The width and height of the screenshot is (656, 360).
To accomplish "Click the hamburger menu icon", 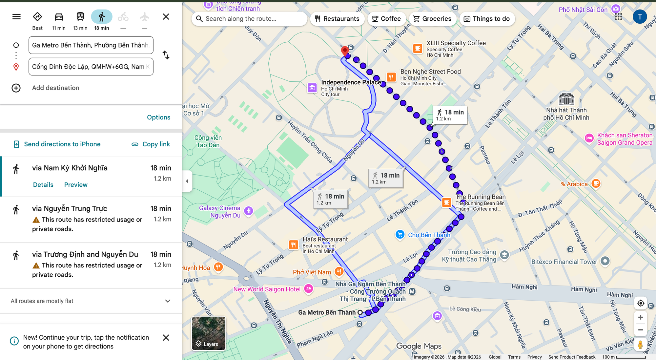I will coord(16,17).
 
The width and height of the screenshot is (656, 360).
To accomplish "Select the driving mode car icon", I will coord(59,17).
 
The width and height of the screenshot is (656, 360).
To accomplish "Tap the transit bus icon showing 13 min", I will coord(80,17).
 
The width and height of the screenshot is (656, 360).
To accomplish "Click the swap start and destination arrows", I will coord(166,55).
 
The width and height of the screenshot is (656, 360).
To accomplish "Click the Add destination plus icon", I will coord(16,88).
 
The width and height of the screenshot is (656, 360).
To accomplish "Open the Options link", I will coord(158,117).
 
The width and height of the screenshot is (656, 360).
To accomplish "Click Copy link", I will coord(151,144).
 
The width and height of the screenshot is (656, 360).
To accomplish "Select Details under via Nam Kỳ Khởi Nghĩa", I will coord(43,185).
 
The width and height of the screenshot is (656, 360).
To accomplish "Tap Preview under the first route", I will coord(76,185).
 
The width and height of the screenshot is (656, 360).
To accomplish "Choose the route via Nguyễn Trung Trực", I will coord(70,209).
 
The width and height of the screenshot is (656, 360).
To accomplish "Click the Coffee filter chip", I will coord(386,19).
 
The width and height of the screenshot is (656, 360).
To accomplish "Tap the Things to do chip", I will coord(487,19).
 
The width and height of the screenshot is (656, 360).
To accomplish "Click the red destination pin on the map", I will coord(344,51).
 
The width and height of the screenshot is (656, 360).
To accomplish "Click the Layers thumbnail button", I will coord(209,333).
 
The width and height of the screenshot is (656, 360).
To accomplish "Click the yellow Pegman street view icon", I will coord(640,345).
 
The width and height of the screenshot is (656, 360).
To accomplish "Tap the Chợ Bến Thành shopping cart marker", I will coord(400,234).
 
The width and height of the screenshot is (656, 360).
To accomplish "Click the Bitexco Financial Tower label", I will coord(564,262).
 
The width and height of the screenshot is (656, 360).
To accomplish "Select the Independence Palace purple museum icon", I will coord(312,88).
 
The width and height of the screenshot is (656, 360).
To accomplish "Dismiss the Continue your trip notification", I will coord(166,338).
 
